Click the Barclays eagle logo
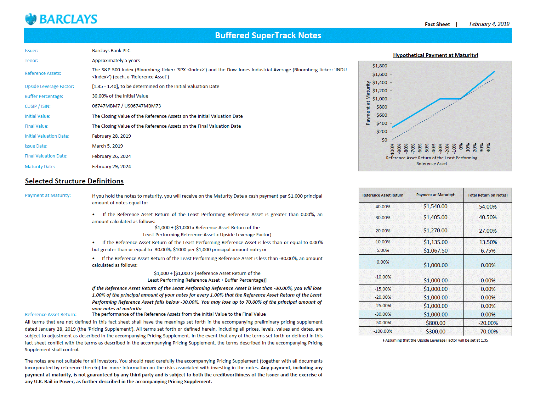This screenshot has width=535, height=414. tap(31, 19)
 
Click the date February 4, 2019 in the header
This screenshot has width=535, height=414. tap(489, 24)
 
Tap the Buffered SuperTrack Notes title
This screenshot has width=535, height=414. tap(268, 35)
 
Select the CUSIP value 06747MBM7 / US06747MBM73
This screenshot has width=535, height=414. tap(126, 106)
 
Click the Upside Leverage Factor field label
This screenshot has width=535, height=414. tap(49, 87)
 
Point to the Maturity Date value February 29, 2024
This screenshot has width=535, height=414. tap(111, 167)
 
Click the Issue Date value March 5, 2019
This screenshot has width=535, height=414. tap(107, 146)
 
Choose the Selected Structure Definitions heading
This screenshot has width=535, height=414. tap(74, 181)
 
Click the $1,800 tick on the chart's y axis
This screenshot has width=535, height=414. tap(380, 66)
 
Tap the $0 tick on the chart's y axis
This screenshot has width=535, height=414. tap(384, 140)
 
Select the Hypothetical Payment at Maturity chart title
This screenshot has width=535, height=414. tap(435, 55)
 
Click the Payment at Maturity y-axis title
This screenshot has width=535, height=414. tap(368, 103)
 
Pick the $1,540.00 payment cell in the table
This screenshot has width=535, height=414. tap(435, 206)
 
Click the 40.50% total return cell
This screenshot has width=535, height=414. tap(488, 217)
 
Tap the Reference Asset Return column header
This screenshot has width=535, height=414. tap(383, 195)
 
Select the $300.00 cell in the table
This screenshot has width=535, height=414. tap(435, 332)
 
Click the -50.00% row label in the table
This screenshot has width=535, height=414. tap(383, 323)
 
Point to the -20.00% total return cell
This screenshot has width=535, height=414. tap(488, 323)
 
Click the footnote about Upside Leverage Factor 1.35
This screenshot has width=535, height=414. tap(435, 341)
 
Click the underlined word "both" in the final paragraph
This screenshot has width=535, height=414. tap(198, 375)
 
